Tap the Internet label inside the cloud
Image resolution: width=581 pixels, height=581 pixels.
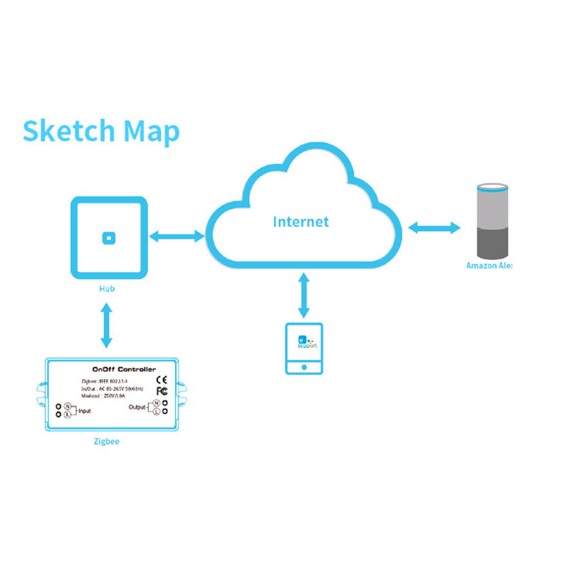301,222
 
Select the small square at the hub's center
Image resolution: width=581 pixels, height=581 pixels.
108,238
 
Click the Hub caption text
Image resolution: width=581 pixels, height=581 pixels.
107,289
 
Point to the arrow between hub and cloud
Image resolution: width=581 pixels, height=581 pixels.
176,236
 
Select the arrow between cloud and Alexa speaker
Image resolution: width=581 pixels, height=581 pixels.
434,228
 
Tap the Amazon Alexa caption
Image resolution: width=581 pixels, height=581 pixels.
489,265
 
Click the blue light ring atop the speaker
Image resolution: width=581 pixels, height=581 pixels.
493,189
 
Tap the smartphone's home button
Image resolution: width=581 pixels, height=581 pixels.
304,366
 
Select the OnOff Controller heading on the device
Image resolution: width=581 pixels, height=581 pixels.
124,369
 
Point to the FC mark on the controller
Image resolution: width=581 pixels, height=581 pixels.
163,391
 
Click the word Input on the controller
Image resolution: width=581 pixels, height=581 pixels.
85,411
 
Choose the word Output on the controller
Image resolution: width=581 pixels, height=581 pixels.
137,407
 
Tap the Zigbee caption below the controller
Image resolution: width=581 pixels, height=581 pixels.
107,442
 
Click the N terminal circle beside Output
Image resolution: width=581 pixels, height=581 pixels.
156,403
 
